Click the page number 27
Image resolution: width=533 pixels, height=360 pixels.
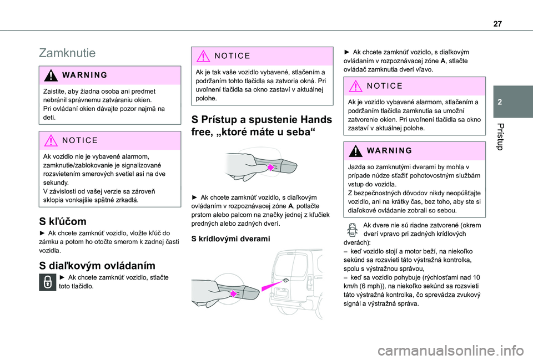pos(497,24)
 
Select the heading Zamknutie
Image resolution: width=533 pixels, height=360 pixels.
pos(67,53)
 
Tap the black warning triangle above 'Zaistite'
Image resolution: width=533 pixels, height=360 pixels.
pos(51,75)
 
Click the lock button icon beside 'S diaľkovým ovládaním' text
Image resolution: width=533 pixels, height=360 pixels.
pos(48,282)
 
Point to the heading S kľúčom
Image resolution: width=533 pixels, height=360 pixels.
pos(63,221)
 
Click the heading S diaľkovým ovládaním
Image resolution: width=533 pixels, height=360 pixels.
pos(97,266)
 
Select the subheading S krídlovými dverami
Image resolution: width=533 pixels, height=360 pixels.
pos(230,239)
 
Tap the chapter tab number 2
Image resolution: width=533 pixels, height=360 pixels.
pos(500,102)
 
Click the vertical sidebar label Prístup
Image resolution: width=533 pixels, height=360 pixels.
pos(500,136)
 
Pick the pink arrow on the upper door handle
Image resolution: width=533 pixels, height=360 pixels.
pos(270,168)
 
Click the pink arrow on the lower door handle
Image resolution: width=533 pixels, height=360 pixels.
pos(234,293)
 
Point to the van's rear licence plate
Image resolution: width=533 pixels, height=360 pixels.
pos(283,292)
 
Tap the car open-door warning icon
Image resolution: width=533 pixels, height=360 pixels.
pos(353,230)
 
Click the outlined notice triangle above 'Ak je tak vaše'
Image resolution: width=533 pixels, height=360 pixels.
pos(203,56)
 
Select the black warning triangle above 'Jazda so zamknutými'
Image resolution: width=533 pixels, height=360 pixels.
pos(355,151)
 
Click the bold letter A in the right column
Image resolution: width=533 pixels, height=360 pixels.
pos(443,61)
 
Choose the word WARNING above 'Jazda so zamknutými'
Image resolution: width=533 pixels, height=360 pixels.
pos(390,150)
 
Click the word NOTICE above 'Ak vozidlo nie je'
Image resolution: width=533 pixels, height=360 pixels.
pos(80,140)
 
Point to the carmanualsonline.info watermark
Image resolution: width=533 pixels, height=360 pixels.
pos(451,351)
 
